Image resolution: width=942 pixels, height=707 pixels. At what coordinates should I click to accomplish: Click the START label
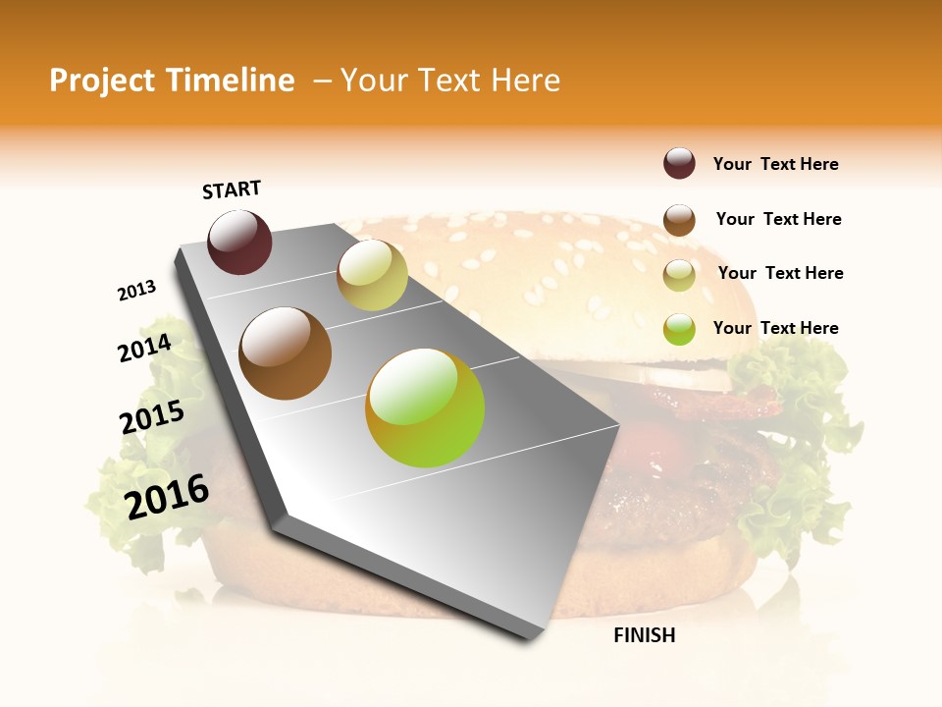pos(232,190)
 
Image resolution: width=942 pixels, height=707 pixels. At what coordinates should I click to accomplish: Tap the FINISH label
pos(644,635)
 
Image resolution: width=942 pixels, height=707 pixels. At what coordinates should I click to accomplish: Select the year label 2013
pos(137,291)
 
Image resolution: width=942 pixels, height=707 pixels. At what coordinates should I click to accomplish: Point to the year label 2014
pos(145,349)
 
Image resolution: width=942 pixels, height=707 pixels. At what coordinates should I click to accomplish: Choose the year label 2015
pos(152,417)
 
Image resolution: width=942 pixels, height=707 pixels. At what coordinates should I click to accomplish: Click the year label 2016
pos(168,496)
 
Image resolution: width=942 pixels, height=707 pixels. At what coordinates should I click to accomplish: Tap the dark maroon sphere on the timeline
pos(240,242)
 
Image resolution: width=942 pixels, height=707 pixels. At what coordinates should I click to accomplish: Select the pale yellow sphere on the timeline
pos(372,275)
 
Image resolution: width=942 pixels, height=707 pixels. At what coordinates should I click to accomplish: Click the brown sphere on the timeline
pos(286,353)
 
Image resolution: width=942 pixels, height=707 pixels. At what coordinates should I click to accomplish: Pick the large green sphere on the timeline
pos(425,408)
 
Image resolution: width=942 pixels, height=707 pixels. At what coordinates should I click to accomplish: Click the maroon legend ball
pos(679,164)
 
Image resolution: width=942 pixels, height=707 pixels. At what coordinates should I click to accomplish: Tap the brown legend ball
pos(679,219)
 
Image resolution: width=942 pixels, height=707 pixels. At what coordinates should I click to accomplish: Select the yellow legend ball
pos(679,274)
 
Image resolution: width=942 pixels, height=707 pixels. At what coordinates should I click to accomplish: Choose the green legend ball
pos(679,329)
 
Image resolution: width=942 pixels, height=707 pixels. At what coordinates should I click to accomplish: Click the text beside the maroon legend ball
pos(775,164)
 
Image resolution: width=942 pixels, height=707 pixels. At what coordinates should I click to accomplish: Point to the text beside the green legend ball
pos(775,328)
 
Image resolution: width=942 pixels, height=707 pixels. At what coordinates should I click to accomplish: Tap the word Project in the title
pos(103,81)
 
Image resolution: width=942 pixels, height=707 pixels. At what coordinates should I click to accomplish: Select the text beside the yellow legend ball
pos(780,273)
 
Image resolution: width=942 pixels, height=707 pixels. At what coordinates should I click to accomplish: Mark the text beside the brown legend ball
pos(778,219)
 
